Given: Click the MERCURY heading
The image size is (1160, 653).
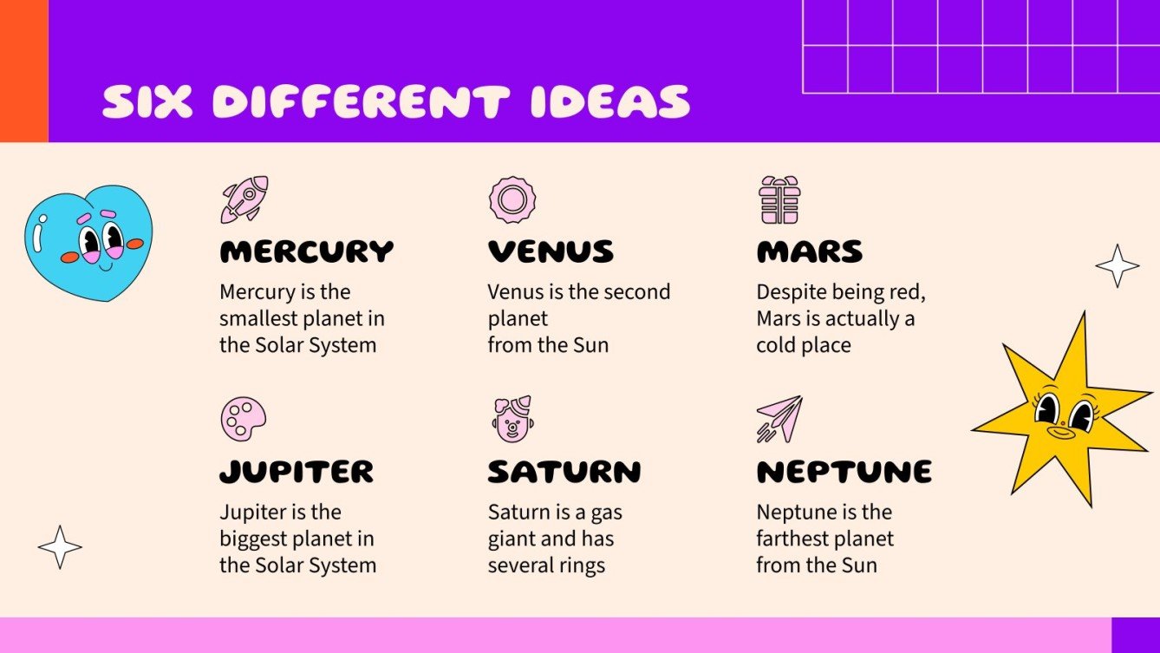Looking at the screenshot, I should (306, 252).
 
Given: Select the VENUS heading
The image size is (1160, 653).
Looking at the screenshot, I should (551, 252).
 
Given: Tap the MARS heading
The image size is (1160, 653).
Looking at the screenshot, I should (810, 252).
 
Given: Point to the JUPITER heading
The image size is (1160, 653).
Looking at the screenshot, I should (297, 472).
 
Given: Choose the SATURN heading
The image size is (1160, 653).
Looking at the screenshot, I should (564, 472).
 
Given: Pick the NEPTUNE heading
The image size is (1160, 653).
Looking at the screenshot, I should (844, 472).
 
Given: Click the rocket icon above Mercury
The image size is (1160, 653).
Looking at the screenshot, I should (244, 199).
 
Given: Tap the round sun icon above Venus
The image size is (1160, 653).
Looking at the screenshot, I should (512, 199).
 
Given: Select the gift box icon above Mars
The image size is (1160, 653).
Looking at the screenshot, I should (779, 199).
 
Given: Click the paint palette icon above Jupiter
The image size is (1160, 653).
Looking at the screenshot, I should (243, 419).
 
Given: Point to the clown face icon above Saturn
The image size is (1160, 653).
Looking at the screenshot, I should (512, 419).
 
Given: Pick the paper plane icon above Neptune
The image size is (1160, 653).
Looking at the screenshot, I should (779, 419).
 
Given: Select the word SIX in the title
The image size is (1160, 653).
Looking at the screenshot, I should (148, 102).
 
